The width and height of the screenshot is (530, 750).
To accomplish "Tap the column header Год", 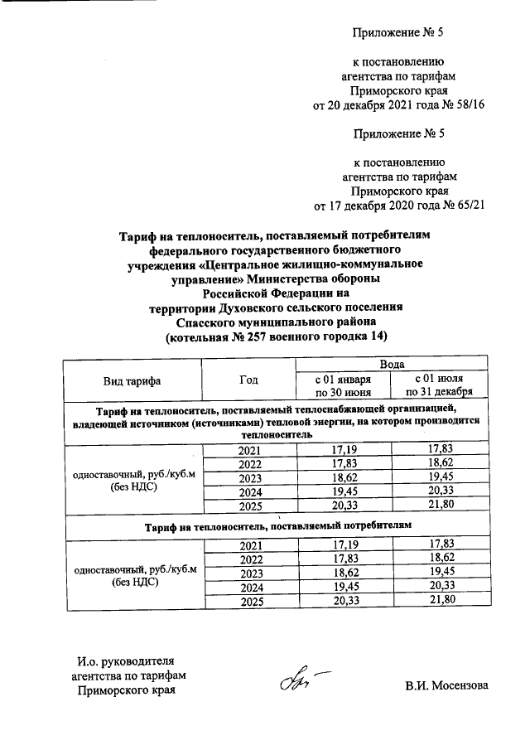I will pyautogui.click(x=248, y=380).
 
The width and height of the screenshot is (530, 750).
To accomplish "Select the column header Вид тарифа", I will pyautogui.click(x=132, y=380).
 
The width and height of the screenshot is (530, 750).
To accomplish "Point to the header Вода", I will pyautogui.click(x=392, y=365).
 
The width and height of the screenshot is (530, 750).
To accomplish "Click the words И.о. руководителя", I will pyautogui.click(x=123, y=660).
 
